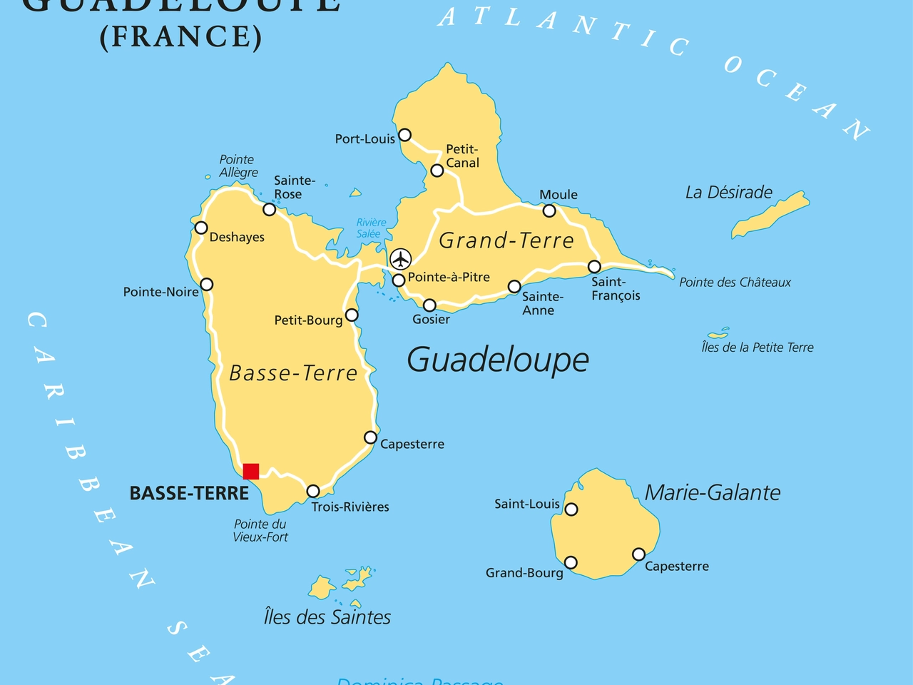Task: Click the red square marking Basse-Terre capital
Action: pyautogui.click(x=251, y=471)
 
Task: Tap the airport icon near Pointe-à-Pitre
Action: pyautogui.click(x=401, y=259)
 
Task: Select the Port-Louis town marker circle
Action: pyautogui.click(x=404, y=135)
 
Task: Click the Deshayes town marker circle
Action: pyautogui.click(x=201, y=228)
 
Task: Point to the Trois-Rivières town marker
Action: pyautogui.click(x=313, y=491)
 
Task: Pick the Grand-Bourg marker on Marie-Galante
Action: pyautogui.click(x=571, y=563)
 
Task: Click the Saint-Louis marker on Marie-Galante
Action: pyautogui.click(x=571, y=509)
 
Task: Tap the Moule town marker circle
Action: pyautogui.click(x=549, y=210)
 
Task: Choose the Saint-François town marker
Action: pyautogui.click(x=594, y=267)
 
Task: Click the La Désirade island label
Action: pyautogui.click(x=728, y=193)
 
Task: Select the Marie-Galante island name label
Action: pyautogui.click(x=712, y=492)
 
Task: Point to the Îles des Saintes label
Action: pyautogui.click(x=327, y=617)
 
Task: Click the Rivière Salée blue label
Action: pyautogui.click(x=371, y=228)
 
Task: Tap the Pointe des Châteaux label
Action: pyautogui.click(x=735, y=283)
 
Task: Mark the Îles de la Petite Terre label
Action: pyautogui.click(x=757, y=347)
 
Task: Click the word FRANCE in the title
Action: pyautogui.click(x=181, y=37)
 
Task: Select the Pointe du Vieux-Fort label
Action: pyautogui.click(x=260, y=530)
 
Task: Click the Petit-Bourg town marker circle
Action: pyautogui.click(x=352, y=315)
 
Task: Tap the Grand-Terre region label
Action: pyautogui.click(x=506, y=240)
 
